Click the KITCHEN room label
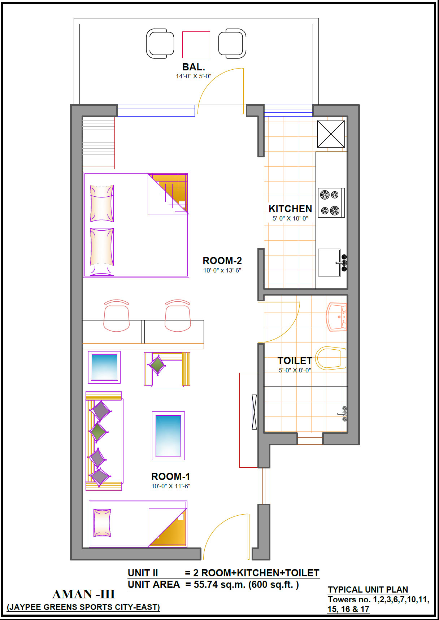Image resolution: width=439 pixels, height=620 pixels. (290, 209)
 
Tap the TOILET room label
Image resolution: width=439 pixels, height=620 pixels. (295, 361)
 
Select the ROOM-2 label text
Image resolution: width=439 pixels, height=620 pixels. (222, 261)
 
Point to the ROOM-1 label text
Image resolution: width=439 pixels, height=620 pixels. (170, 476)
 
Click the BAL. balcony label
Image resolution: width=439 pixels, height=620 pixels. (194, 67)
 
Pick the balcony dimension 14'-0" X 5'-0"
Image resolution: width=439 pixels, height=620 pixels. (194, 76)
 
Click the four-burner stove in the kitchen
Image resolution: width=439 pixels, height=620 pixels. (331, 202)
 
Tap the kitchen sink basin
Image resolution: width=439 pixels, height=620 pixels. (329, 263)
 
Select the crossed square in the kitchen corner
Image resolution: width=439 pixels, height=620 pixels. (331, 134)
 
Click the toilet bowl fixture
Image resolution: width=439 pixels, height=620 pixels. (331, 358)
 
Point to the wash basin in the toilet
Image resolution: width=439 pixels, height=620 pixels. (336, 317)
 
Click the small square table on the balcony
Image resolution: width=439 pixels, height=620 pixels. (196, 44)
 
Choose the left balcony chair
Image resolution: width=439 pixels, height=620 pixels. (160, 44)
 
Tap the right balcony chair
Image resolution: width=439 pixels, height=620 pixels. (232, 44)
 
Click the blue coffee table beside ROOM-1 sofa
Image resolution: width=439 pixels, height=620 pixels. (168, 436)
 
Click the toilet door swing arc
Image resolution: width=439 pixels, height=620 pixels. (292, 328)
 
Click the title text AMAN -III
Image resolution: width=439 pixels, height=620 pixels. (84, 594)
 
